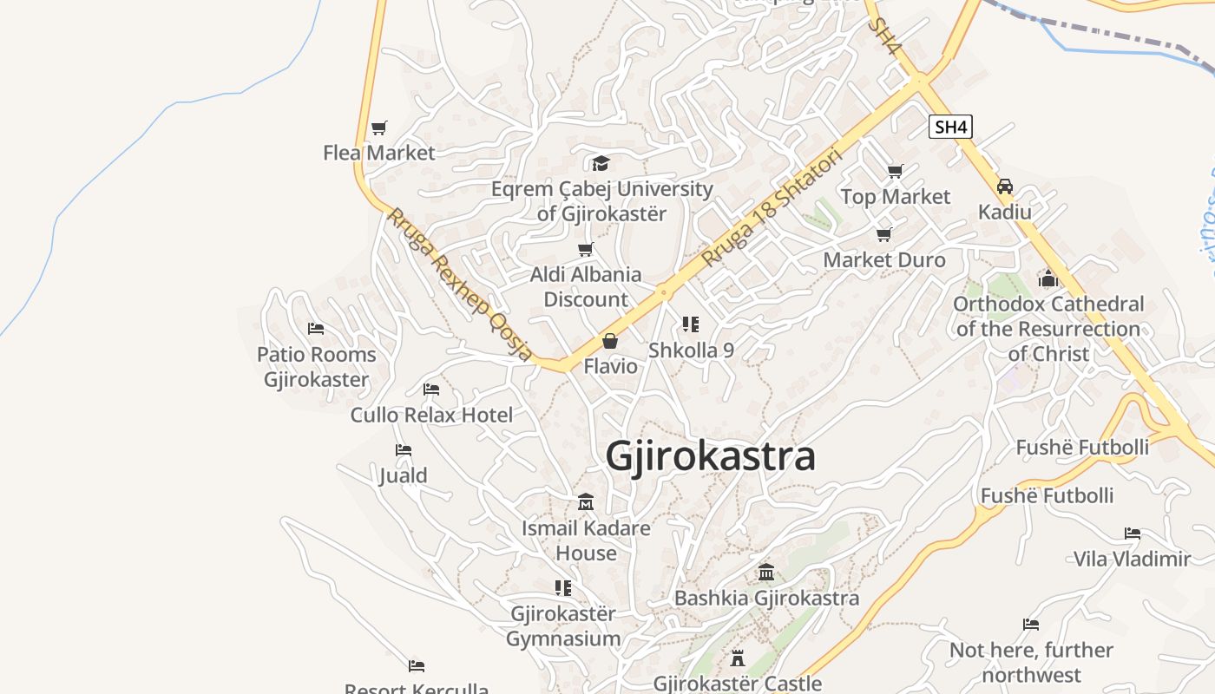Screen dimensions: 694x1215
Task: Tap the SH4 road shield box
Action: click(x=950, y=127)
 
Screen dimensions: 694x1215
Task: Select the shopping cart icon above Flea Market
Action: click(x=378, y=128)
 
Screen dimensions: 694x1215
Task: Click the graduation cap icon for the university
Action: click(x=601, y=163)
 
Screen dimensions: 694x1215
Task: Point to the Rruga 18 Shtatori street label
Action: click(x=772, y=209)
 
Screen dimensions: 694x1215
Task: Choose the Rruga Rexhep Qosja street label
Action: click(x=459, y=284)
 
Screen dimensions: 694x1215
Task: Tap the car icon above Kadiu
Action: click(x=1005, y=187)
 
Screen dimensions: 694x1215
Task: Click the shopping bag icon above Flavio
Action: click(x=610, y=341)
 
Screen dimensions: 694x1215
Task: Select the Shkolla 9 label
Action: click(x=691, y=350)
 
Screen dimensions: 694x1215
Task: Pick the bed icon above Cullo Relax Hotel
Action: click(x=431, y=390)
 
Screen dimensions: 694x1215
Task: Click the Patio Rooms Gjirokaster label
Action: click(x=317, y=367)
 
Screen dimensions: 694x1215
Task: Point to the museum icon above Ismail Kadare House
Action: click(x=586, y=502)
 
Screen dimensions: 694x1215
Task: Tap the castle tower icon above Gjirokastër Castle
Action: click(x=738, y=658)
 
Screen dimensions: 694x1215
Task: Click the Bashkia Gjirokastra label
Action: click(x=766, y=598)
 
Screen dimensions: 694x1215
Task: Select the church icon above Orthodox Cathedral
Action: click(x=1048, y=278)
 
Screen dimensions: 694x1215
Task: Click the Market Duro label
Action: click(x=884, y=259)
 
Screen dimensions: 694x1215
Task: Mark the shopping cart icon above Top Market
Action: click(x=895, y=171)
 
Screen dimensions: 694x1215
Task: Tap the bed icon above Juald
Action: click(x=404, y=450)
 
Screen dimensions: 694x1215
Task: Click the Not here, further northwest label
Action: click(x=1031, y=662)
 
